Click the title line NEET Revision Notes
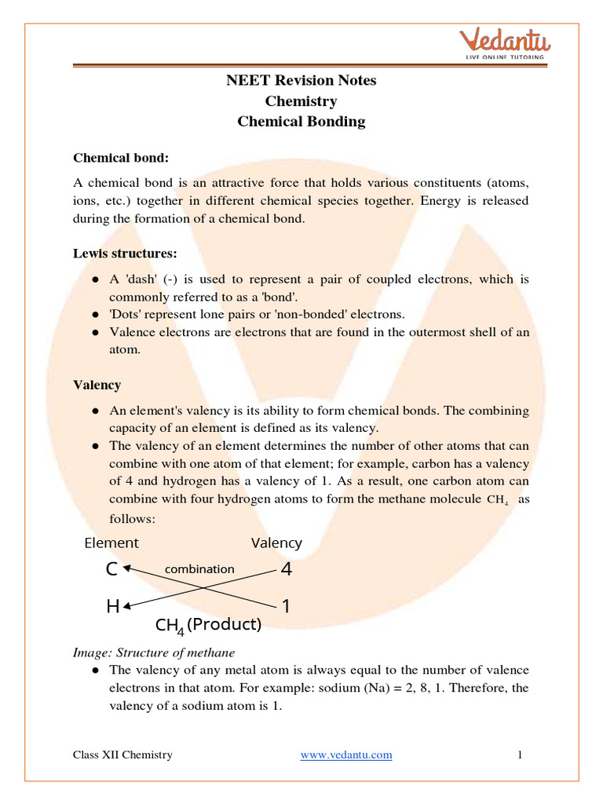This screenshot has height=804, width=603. point(301,81)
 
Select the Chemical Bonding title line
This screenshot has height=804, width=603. point(301,122)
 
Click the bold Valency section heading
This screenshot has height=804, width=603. point(97,385)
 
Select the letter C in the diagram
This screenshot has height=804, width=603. point(111,570)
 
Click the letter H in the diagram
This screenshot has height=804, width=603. point(114,607)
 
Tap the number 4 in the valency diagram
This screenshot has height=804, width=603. point(286,570)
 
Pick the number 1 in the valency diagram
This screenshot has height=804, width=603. point(286,607)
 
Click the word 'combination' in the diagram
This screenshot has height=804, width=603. point(199,568)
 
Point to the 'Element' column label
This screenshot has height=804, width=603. point(111,543)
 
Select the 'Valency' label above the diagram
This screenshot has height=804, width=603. point(276,543)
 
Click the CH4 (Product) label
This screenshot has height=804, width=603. point(208,626)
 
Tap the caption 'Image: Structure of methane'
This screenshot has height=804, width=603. point(154,652)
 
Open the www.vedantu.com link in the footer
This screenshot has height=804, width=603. point(346,755)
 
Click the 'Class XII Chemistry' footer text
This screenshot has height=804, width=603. point(122,755)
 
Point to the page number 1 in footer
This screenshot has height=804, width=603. point(520,755)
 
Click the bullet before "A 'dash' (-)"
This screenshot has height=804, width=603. point(95,280)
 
